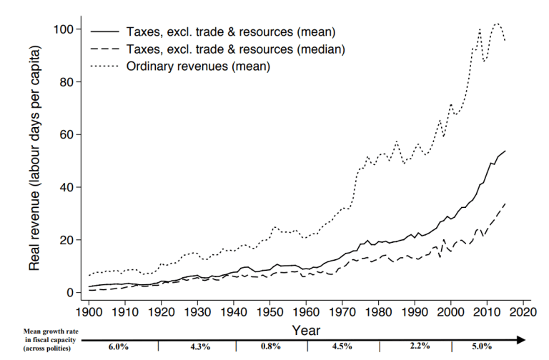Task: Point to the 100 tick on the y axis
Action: [66, 29]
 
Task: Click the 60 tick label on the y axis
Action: [69, 134]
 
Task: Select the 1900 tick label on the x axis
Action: [89, 312]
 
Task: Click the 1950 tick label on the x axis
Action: [271, 312]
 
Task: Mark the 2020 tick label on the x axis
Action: [524, 312]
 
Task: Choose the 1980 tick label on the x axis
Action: [380, 312]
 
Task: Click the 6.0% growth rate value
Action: [119, 347]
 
